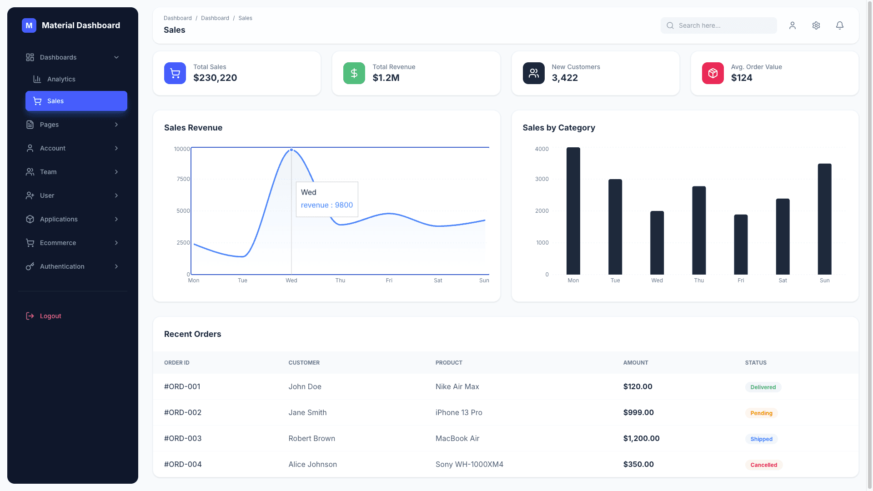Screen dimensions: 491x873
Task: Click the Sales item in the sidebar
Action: [76, 101]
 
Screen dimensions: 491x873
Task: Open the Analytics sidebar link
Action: [61, 79]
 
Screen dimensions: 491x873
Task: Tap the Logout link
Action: [50, 316]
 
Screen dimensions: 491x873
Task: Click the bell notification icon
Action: [839, 25]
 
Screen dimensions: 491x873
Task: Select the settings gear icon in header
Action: [816, 25]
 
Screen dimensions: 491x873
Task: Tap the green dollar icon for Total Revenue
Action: [354, 73]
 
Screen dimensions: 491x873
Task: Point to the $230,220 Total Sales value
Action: [215, 78]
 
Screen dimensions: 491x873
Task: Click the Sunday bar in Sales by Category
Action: [824, 219]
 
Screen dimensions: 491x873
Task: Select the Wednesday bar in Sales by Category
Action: [657, 243]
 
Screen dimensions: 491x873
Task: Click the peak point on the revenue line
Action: [291, 150]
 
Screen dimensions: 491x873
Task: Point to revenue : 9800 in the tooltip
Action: [326, 205]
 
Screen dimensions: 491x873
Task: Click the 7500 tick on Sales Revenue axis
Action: [183, 179]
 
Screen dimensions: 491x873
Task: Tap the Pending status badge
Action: [761, 413]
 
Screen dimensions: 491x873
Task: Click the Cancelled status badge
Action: [763, 465]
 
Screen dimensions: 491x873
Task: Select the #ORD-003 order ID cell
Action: [183, 438]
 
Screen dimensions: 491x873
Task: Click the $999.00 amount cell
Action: [638, 412]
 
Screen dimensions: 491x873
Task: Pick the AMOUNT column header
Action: [635, 363]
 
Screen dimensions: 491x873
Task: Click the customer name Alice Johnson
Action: [312, 464]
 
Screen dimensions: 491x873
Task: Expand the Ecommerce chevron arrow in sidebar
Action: [116, 243]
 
